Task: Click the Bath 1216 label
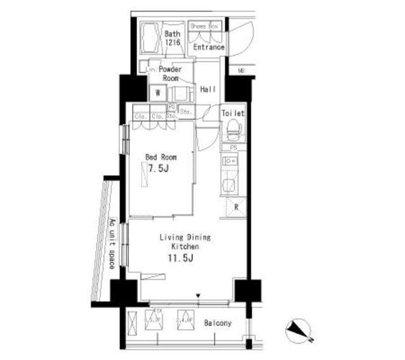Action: [173, 38]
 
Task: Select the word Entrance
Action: [209, 47]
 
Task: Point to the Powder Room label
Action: [170, 73]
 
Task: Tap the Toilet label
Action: [233, 113]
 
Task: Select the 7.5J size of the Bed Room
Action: [159, 169]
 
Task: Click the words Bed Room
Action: [161, 157]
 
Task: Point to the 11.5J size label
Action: [179, 258]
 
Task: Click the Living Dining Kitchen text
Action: [184, 242]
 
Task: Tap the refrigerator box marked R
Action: [235, 208]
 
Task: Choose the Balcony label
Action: [218, 323]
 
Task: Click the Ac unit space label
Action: [111, 244]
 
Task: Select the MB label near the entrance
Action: [240, 70]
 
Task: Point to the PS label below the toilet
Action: [234, 148]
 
